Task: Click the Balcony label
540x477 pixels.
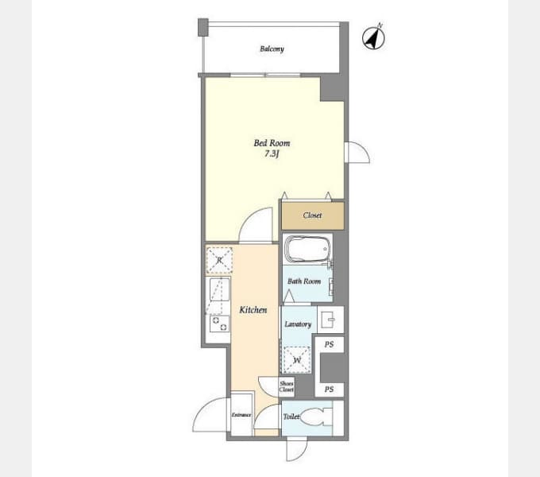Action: tap(272, 49)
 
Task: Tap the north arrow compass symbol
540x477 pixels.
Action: tap(374, 37)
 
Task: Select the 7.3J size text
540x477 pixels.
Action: tap(272, 153)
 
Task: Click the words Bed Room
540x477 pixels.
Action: tap(272, 142)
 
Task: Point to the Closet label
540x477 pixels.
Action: tap(312, 215)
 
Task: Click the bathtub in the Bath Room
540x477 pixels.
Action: tap(307, 248)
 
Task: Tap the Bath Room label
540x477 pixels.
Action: tap(304, 281)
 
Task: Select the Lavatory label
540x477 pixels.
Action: tap(298, 324)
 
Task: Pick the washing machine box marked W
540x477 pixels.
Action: tap(296, 360)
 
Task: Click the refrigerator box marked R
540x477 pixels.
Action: tap(219, 260)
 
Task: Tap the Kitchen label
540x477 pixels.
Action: tap(253, 310)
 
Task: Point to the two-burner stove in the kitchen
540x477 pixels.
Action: tap(220, 324)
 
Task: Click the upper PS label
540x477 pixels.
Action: tap(330, 344)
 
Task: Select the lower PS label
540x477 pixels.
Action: tap(330, 390)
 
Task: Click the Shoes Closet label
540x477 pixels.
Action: tap(287, 386)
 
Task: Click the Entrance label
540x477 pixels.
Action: tap(241, 415)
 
